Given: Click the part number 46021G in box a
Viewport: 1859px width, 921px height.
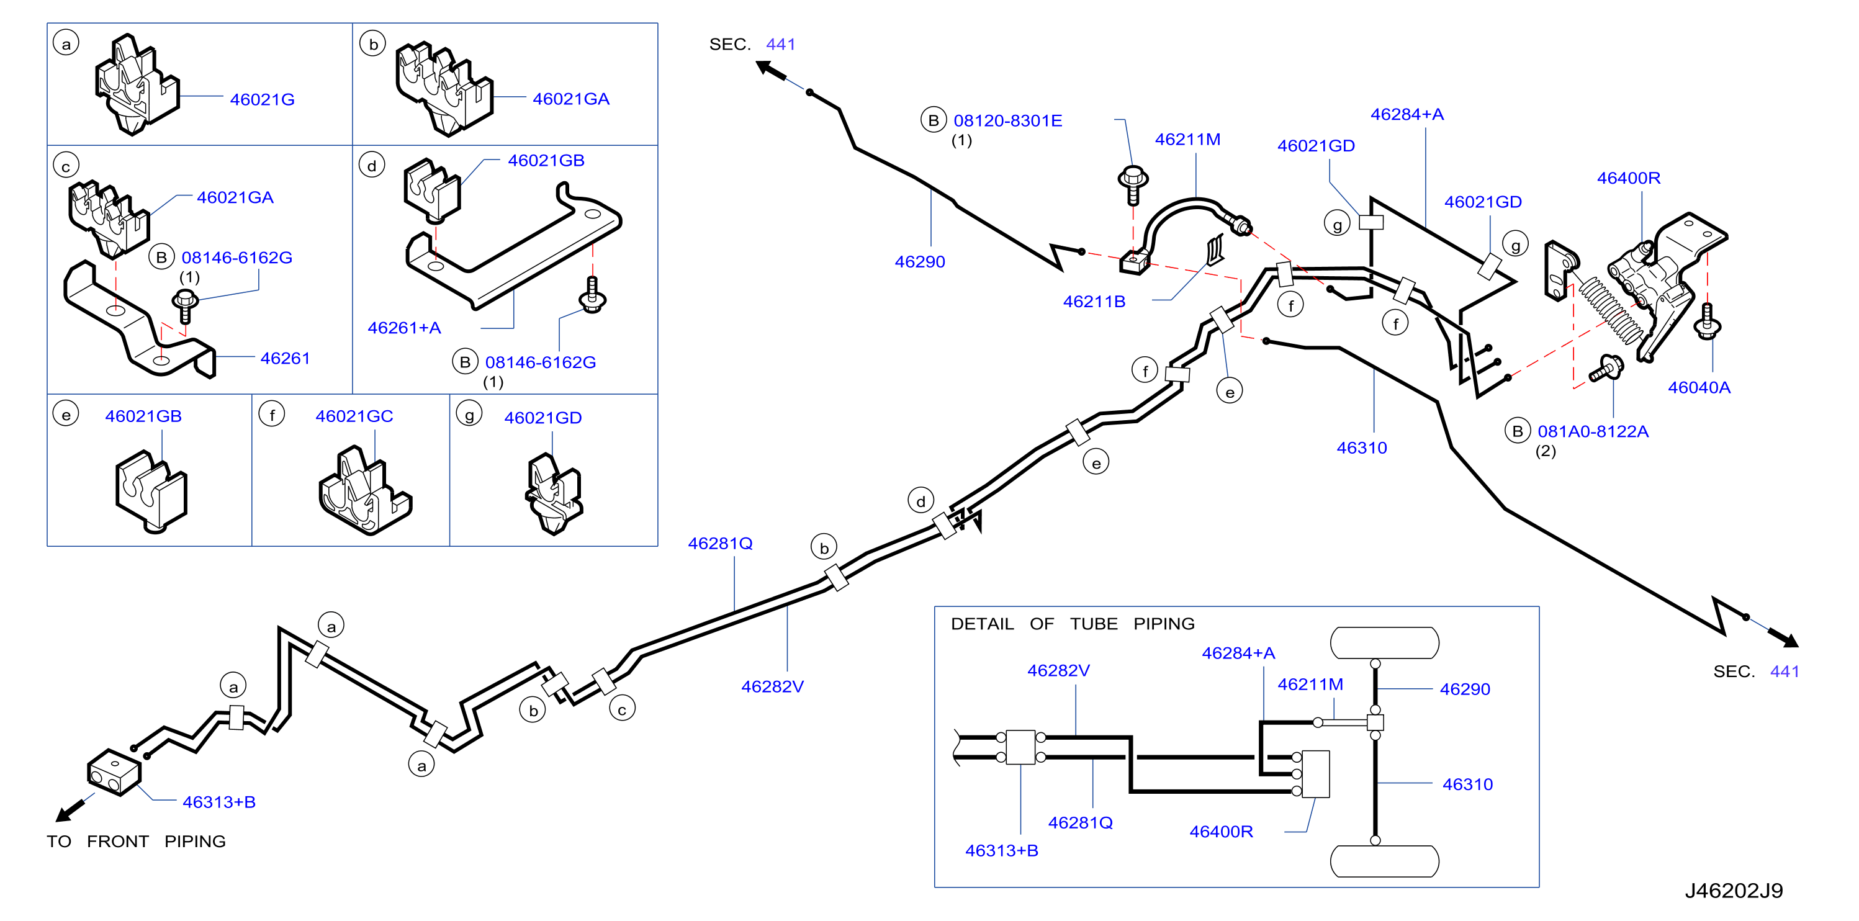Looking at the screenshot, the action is tap(262, 99).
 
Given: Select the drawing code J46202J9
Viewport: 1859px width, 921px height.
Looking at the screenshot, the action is tap(1734, 891).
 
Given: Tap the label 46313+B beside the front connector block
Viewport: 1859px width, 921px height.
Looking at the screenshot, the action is tap(218, 802).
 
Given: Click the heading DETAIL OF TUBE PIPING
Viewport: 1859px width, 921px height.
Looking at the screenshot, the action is tap(1073, 624).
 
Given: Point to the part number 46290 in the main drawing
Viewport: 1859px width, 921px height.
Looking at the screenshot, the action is tap(919, 261).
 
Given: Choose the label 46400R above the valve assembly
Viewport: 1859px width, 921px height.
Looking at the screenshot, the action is tap(1629, 177).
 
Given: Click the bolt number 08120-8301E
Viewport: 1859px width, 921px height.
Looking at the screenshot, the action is tap(1007, 120).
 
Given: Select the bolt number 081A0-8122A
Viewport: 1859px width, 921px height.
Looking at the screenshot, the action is tap(1593, 431).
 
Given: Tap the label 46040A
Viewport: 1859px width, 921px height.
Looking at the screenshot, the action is tap(1699, 388).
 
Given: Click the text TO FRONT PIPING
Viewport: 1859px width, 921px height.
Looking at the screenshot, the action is tap(137, 842).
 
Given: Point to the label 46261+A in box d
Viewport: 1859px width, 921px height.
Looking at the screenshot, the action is tap(404, 328).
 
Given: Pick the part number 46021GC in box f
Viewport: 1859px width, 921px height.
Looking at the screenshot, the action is tap(354, 416).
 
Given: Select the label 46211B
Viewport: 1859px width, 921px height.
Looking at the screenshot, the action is tap(1094, 302).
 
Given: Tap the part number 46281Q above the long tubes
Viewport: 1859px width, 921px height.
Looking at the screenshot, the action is tap(720, 544).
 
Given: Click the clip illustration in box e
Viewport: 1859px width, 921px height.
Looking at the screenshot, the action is tap(151, 492).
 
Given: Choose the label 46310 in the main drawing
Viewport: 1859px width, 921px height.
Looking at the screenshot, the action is tap(1362, 447).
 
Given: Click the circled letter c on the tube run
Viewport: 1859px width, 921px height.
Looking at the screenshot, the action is tap(622, 709).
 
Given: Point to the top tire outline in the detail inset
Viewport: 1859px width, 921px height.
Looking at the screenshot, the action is tap(1384, 643).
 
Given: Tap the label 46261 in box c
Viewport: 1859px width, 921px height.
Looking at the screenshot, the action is tap(285, 358).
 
